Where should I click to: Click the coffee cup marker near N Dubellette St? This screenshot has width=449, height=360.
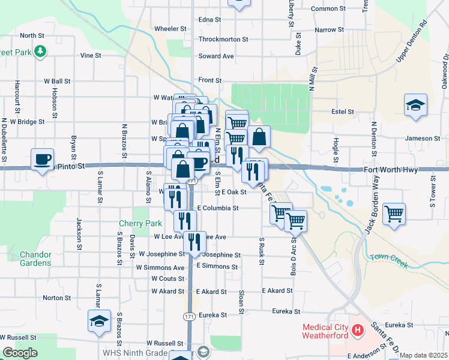click(x=42, y=160)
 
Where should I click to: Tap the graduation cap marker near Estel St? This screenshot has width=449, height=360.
click(x=415, y=106)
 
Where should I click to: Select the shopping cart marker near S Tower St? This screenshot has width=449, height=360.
click(x=394, y=214)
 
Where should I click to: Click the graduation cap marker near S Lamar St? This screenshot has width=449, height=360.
click(x=100, y=321)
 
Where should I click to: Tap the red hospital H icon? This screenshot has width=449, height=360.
click(x=358, y=330)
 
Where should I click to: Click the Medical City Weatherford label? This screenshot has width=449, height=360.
click(x=327, y=331)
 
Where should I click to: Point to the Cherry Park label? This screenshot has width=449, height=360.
click(x=136, y=223)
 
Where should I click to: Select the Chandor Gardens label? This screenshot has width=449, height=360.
click(x=35, y=259)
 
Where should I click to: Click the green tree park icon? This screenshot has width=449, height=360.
click(x=40, y=53)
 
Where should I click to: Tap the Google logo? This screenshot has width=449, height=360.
click(x=19, y=353)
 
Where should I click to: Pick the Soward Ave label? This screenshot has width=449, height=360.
click(x=216, y=56)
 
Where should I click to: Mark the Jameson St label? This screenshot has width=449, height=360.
click(x=418, y=139)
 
